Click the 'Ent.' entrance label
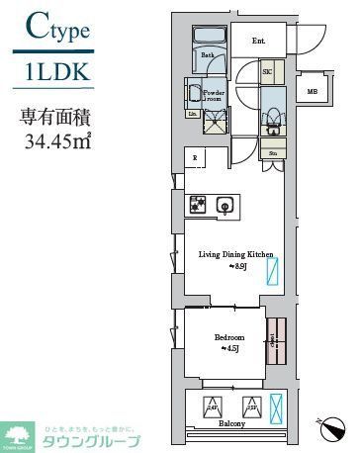pos(259,41)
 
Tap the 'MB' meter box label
pos(313,92)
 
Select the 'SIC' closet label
pos(267,72)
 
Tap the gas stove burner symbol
pos(197,205)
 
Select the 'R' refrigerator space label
pos(194,158)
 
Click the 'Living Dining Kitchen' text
pos(229,255)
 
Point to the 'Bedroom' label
pos(228,337)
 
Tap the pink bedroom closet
pos(278,344)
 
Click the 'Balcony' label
pos(232,424)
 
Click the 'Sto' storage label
pos(271,154)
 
